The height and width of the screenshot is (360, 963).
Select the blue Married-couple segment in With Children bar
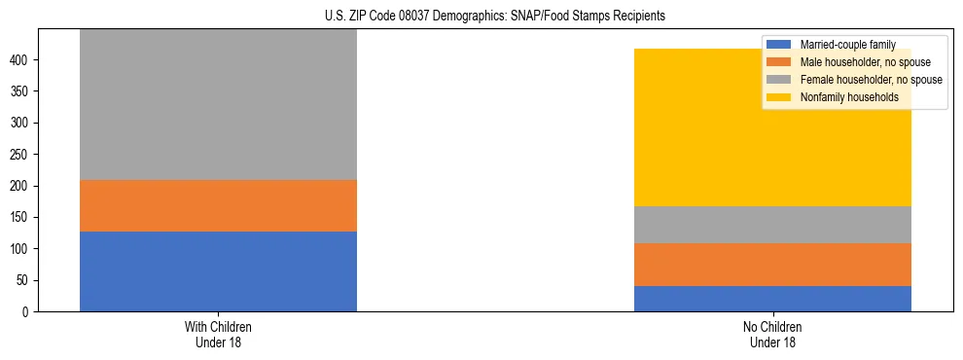pos(218,271)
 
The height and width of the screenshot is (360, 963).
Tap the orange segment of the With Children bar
pos(218,205)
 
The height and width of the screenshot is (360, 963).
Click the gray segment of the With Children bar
pos(218,104)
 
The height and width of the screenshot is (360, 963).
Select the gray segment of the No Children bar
pos(772,225)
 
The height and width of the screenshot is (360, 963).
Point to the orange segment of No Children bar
pos(772,265)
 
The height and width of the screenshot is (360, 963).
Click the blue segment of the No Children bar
pos(772,299)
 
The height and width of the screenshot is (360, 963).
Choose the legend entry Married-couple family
pos(846,45)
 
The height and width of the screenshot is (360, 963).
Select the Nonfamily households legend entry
pos(848,97)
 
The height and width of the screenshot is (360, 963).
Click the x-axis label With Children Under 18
pos(218,334)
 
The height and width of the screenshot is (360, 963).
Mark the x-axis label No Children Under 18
pos(772,334)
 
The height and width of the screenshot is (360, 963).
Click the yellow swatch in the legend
pos(779,97)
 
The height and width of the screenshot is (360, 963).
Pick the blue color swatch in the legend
pos(779,45)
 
